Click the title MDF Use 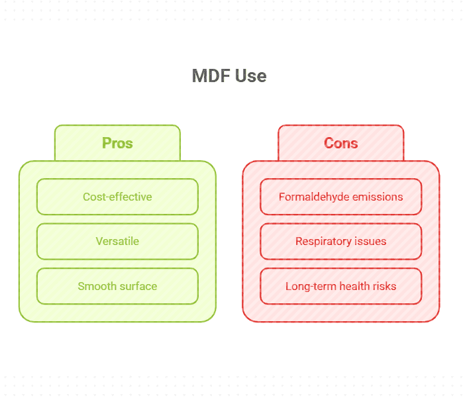(x=229, y=75)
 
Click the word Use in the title (x=252, y=75)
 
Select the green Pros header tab (x=117, y=143)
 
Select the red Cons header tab (x=340, y=143)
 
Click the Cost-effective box (x=117, y=197)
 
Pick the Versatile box (x=117, y=241)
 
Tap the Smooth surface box (x=117, y=286)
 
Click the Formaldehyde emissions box (x=340, y=197)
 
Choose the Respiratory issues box (x=340, y=241)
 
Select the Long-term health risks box (x=340, y=286)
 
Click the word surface (x=138, y=286)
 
